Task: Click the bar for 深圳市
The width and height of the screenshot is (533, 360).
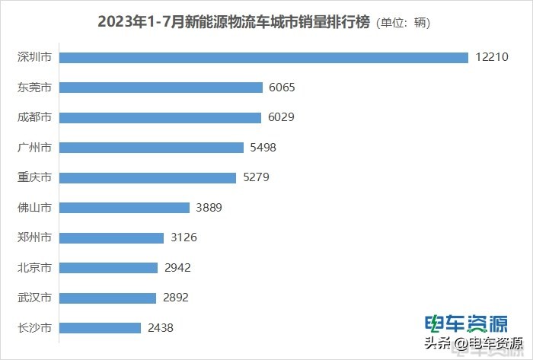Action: pos(263,58)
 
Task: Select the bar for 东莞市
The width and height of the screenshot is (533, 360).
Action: pos(161,88)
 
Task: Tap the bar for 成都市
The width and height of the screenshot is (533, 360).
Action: pos(160,118)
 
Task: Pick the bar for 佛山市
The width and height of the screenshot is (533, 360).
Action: pos(124,208)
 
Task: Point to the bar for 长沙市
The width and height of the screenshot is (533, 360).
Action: pos(100,328)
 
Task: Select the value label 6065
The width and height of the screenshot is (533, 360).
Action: pos(282,88)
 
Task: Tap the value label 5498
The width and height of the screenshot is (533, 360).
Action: pos(263,148)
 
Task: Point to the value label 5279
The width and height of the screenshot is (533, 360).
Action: pos(255,177)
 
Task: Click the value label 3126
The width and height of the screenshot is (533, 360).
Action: pos(183,237)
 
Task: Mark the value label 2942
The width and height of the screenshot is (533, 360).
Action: pos(177,268)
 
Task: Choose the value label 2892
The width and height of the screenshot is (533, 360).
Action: pos(175,298)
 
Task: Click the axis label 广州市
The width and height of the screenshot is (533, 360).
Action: pos(34,148)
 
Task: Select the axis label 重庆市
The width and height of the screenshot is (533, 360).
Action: pos(34,177)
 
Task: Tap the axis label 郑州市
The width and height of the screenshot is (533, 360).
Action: pos(34,237)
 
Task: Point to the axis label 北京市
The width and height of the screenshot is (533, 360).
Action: pos(34,268)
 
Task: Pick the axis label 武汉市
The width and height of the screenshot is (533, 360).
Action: pos(34,298)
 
